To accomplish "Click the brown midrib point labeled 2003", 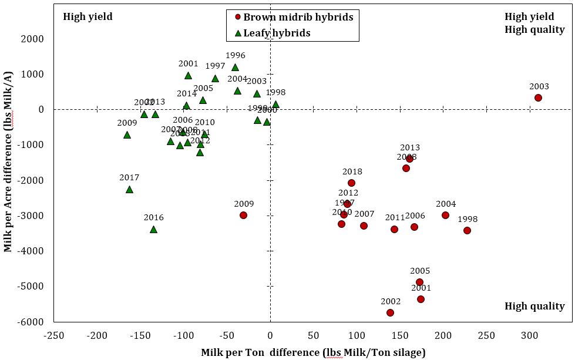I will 538,98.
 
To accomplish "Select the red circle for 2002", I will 390,312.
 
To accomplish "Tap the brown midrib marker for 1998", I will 467,230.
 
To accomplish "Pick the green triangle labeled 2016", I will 153,229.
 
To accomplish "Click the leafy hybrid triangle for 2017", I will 129,189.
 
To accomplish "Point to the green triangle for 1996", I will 235,68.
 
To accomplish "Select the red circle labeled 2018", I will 351,183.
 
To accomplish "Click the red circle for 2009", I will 243,215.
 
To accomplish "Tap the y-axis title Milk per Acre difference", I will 8,176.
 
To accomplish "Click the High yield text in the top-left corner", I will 88,17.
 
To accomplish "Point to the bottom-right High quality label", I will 534,306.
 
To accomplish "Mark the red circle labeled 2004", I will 445,215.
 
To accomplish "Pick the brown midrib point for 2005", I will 419,282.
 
